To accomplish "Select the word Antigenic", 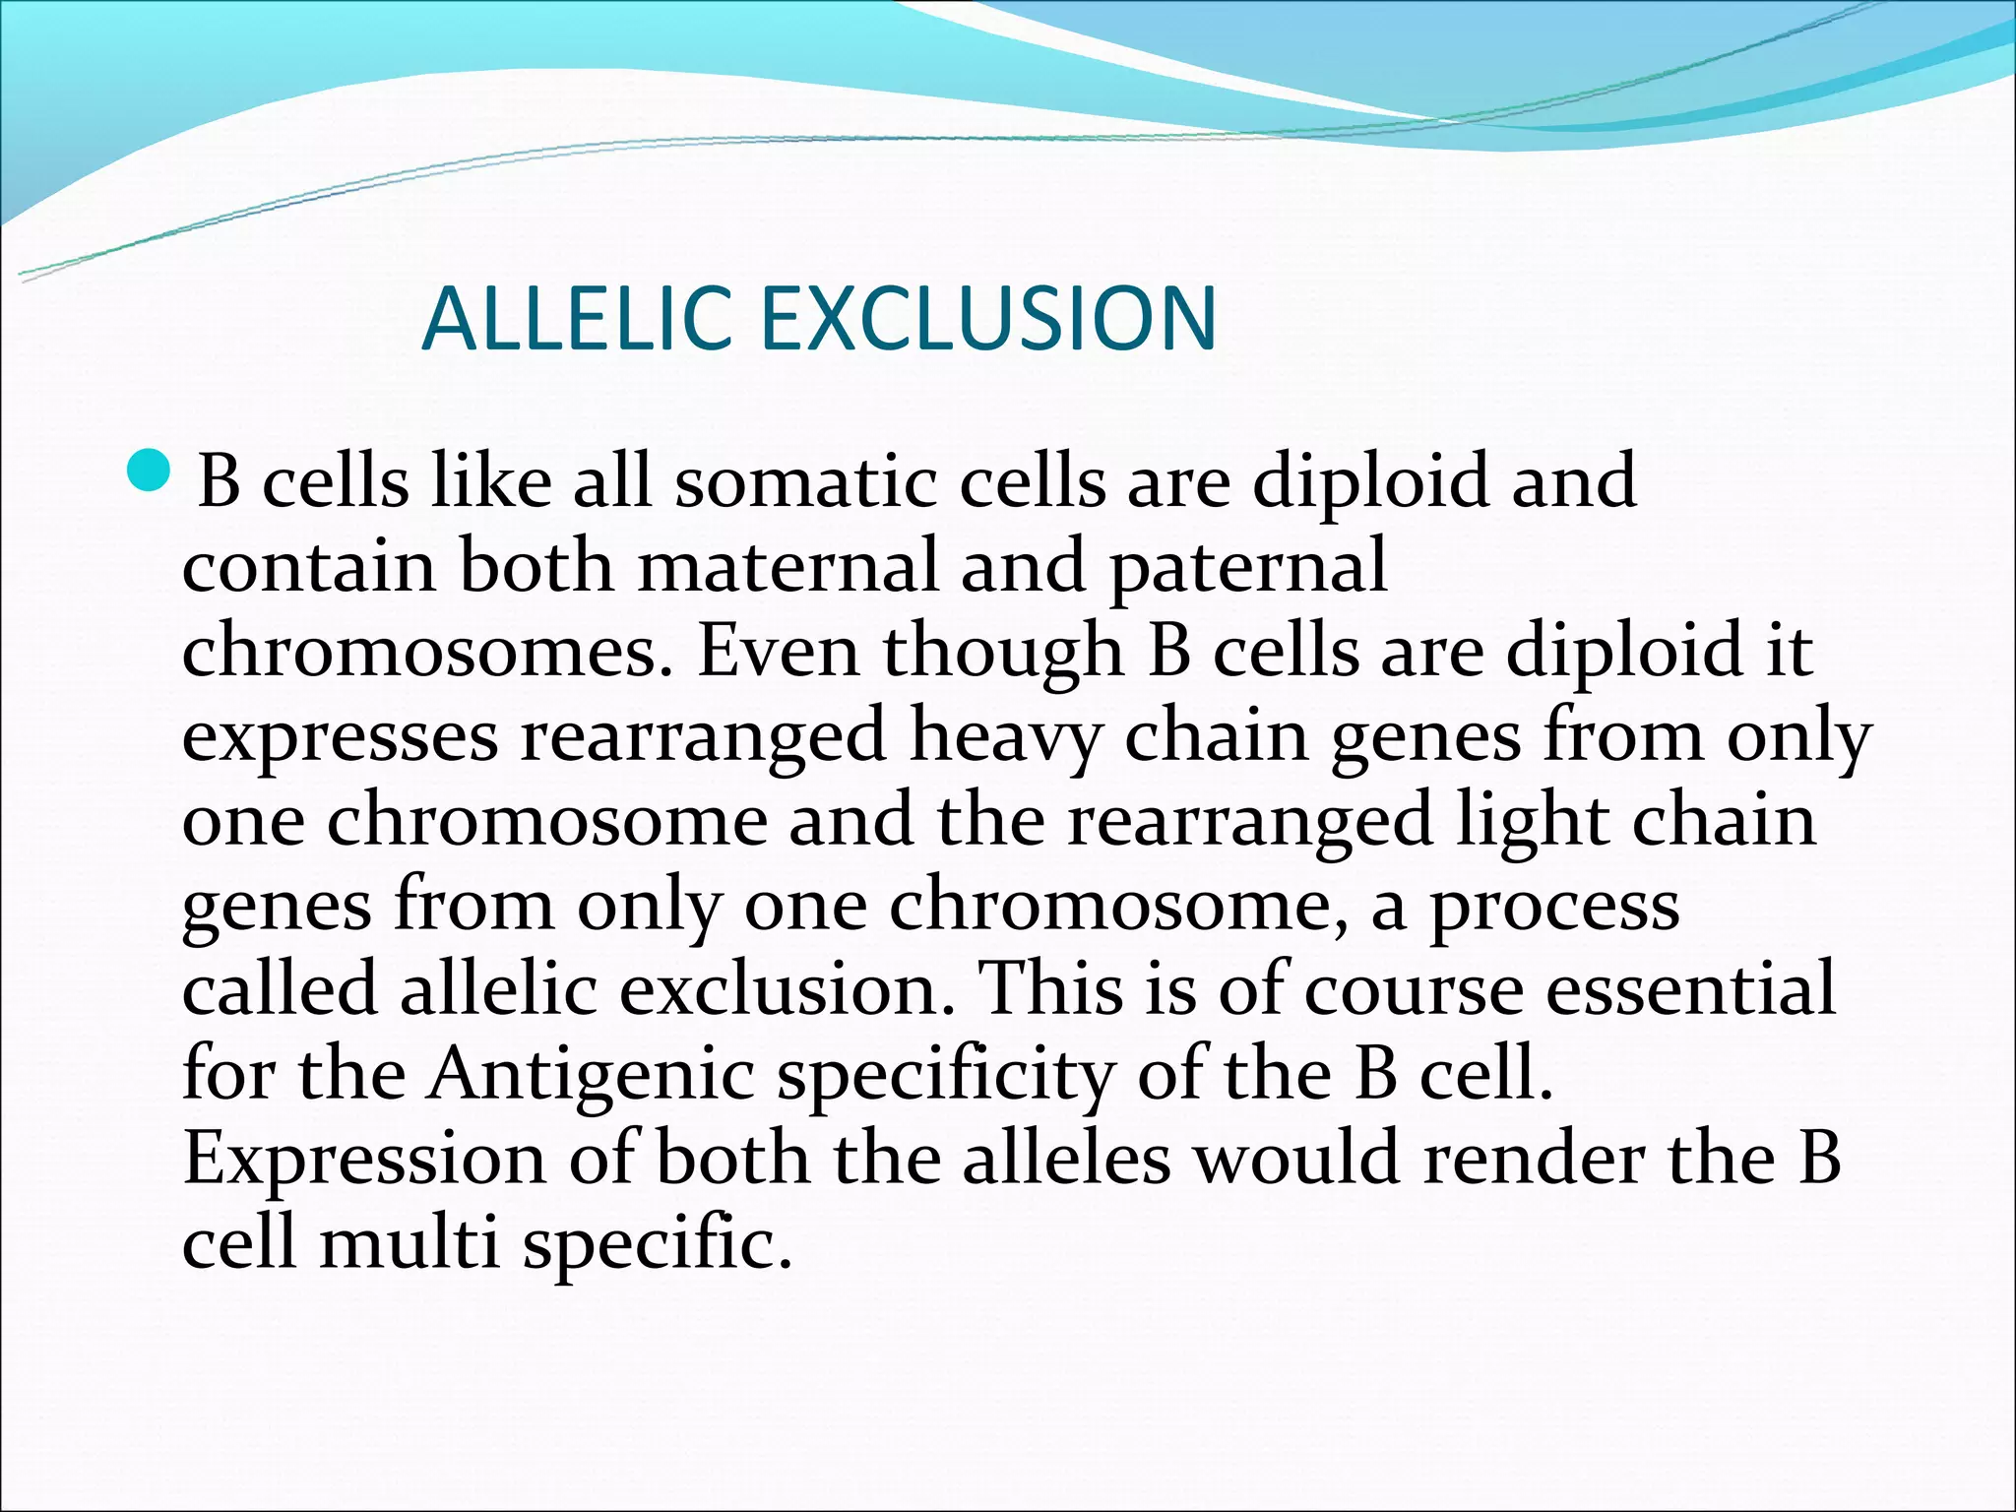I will coord(591,1075).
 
